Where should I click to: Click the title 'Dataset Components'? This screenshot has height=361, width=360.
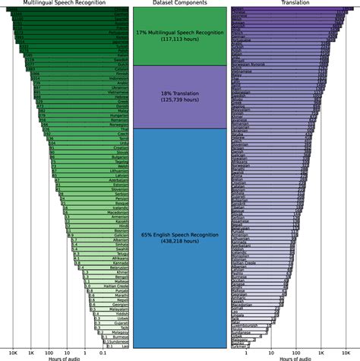click(x=180, y=3)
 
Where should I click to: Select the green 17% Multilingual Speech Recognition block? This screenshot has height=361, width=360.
click(x=180, y=37)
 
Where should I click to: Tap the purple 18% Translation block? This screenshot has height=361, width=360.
click(x=180, y=97)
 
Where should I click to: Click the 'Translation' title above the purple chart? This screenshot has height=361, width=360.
click(x=294, y=3)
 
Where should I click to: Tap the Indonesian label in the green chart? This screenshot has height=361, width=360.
click(x=116, y=78)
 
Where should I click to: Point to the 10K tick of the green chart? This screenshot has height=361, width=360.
click(x=13, y=353)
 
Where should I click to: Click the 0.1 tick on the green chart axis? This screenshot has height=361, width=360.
click(x=103, y=353)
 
